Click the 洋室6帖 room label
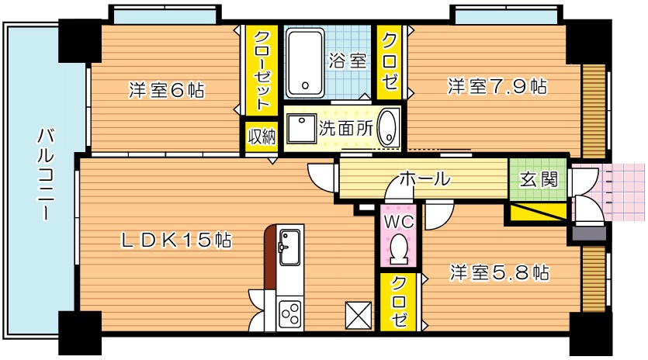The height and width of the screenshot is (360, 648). click(166, 91)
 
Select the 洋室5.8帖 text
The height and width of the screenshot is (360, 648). click(501, 272)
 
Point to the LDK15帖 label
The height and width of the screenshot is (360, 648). click(176, 241)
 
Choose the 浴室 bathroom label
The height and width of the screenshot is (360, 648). click(348, 61)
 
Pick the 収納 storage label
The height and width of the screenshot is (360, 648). click(262, 137)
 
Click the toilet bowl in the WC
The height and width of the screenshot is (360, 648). click(400, 249)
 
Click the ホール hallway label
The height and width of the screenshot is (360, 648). click(424, 179)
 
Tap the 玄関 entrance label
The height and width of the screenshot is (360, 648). click(538, 178)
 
